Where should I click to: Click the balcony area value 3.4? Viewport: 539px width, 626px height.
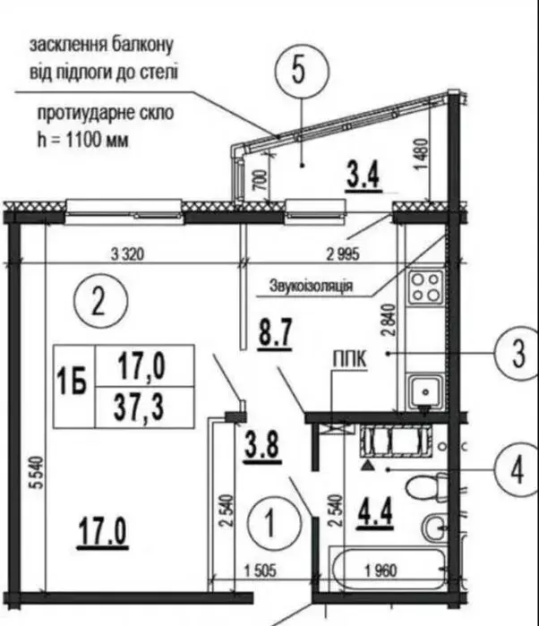pos(363,173)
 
